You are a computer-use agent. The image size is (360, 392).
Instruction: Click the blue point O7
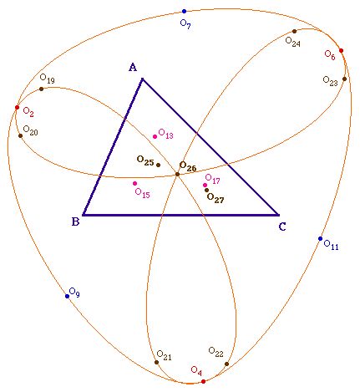tap(184, 12)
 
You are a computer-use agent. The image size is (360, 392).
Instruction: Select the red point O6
tap(341, 50)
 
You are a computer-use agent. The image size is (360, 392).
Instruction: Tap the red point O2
tap(17, 107)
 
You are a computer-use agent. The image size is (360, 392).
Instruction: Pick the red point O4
tap(203, 381)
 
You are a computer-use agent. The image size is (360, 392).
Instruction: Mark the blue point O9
tap(67, 296)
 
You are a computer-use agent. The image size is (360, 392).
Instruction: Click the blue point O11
tap(320, 238)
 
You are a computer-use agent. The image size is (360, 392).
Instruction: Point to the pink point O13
tap(155, 136)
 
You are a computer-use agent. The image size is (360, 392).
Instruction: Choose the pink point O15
tap(134, 183)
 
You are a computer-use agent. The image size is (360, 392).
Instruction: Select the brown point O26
tap(177, 175)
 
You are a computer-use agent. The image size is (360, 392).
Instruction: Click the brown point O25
tap(158, 165)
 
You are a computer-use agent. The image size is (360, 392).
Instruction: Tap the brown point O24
tap(294, 31)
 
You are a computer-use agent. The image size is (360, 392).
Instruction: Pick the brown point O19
tap(41, 89)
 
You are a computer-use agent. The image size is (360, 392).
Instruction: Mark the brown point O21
tap(156, 362)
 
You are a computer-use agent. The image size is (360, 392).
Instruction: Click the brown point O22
tap(226, 364)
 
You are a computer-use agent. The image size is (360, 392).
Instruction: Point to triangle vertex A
tap(143, 79)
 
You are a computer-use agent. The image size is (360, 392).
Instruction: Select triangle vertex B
tap(83, 215)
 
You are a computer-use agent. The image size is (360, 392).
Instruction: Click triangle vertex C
tap(278, 215)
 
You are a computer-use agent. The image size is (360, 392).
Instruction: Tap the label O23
tap(330, 81)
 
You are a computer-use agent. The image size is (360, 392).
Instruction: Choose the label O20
tap(30, 130)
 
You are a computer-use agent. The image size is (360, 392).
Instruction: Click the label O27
tap(215, 198)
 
